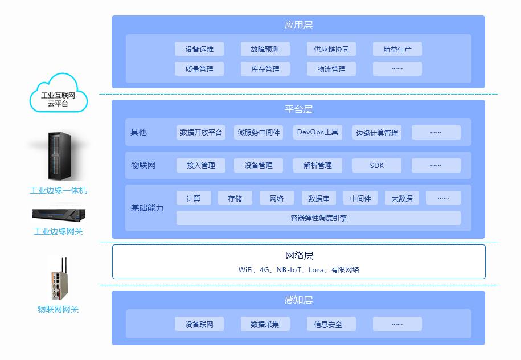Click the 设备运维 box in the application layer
click(x=199, y=49)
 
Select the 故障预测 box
click(x=265, y=49)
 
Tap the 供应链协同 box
click(x=331, y=49)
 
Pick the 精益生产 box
click(x=397, y=49)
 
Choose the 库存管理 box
click(x=265, y=69)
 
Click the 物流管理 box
click(x=331, y=69)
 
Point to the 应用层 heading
click(x=298, y=25)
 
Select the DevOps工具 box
click(x=317, y=132)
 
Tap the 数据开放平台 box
click(x=201, y=132)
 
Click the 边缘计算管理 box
click(x=376, y=133)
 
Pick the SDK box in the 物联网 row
click(x=376, y=165)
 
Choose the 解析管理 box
click(x=317, y=165)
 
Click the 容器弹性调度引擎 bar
click(x=318, y=218)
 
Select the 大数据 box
click(x=401, y=198)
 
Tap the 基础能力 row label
click(x=147, y=208)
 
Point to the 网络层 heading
click(x=298, y=255)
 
